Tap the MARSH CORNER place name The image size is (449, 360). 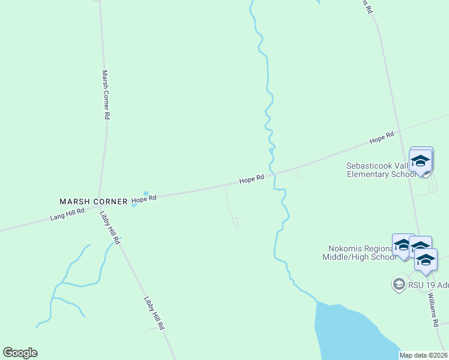click(x=93, y=202)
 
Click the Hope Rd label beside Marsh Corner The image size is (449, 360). click(x=144, y=199)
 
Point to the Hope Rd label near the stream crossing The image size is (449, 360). click(x=252, y=179)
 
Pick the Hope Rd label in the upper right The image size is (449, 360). click(x=382, y=137)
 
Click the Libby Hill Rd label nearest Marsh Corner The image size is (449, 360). click(x=110, y=227)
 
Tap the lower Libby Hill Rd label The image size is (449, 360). click(x=154, y=313)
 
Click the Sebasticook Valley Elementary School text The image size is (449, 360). click(x=381, y=170)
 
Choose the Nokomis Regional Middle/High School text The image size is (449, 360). click(x=362, y=253)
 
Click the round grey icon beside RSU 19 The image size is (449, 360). click(x=399, y=283)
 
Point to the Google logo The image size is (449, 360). click(x=20, y=353)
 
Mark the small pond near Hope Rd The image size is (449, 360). click(x=145, y=193)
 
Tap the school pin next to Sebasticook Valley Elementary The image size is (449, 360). click(x=421, y=161)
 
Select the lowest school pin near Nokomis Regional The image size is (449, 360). click(x=426, y=260)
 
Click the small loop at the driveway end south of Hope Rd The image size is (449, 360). click(x=237, y=224)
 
